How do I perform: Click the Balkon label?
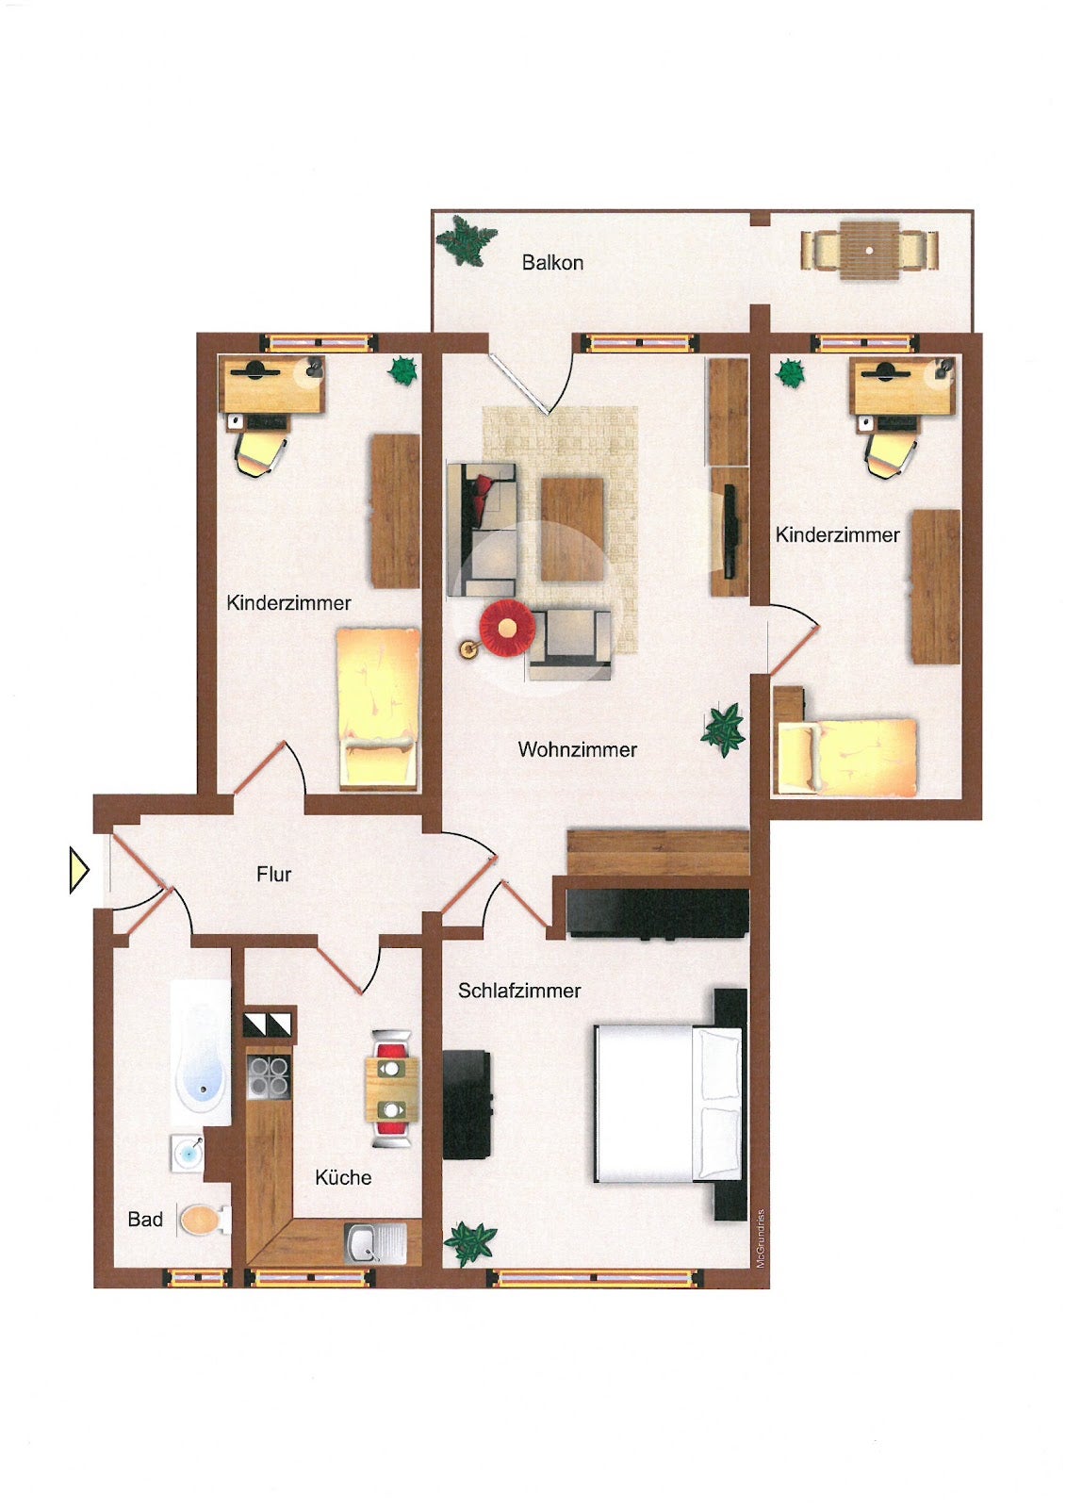click(x=552, y=263)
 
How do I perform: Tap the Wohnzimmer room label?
click(x=577, y=749)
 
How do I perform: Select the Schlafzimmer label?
click(x=519, y=991)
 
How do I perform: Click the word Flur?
click(x=273, y=875)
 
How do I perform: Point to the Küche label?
click(x=343, y=1177)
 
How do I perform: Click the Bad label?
click(x=145, y=1220)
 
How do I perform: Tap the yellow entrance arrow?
click(x=79, y=871)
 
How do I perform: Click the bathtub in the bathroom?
click(x=200, y=1052)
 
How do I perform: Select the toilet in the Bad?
click(x=204, y=1220)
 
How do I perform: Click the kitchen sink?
click(x=375, y=1243)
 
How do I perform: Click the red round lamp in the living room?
click(x=508, y=627)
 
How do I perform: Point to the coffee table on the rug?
click(x=572, y=529)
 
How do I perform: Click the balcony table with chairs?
click(x=869, y=251)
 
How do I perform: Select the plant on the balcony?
click(x=467, y=240)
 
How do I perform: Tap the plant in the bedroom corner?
click(x=470, y=1243)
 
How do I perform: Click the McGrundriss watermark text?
click(x=761, y=1238)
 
